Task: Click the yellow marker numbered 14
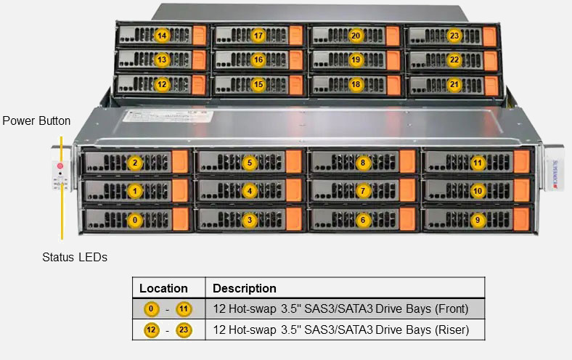click(162, 36)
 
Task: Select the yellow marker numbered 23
click(454, 36)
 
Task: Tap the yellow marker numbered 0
click(134, 218)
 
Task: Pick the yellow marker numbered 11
click(477, 163)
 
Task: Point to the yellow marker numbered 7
click(364, 191)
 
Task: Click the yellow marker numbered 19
click(356, 60)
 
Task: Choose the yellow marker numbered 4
click(250, 191)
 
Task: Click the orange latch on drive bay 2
click(180, 163)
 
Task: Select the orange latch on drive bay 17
click(295, 36)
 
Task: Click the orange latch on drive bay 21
click(490, 85)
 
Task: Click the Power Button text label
click(36, 120)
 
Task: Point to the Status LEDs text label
click(75, 257)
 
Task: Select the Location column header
click(163, 288)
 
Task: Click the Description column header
click(244, 288)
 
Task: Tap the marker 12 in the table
click(151, 330)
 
